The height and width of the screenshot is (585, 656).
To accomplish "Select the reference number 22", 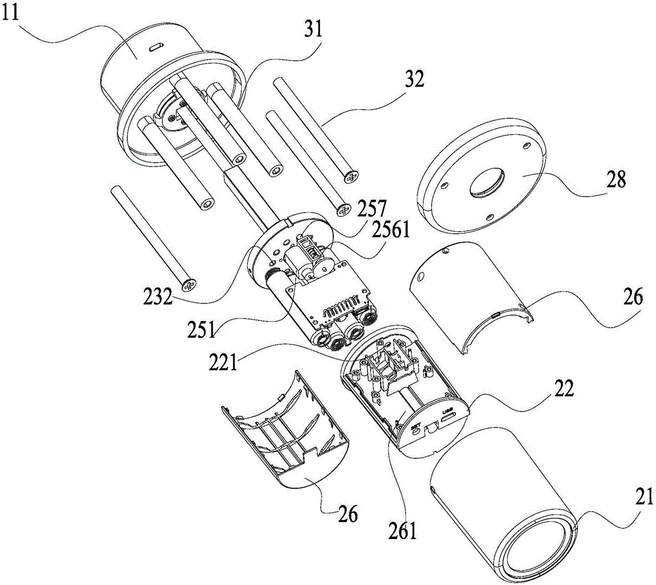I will click(x=562, y=389).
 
